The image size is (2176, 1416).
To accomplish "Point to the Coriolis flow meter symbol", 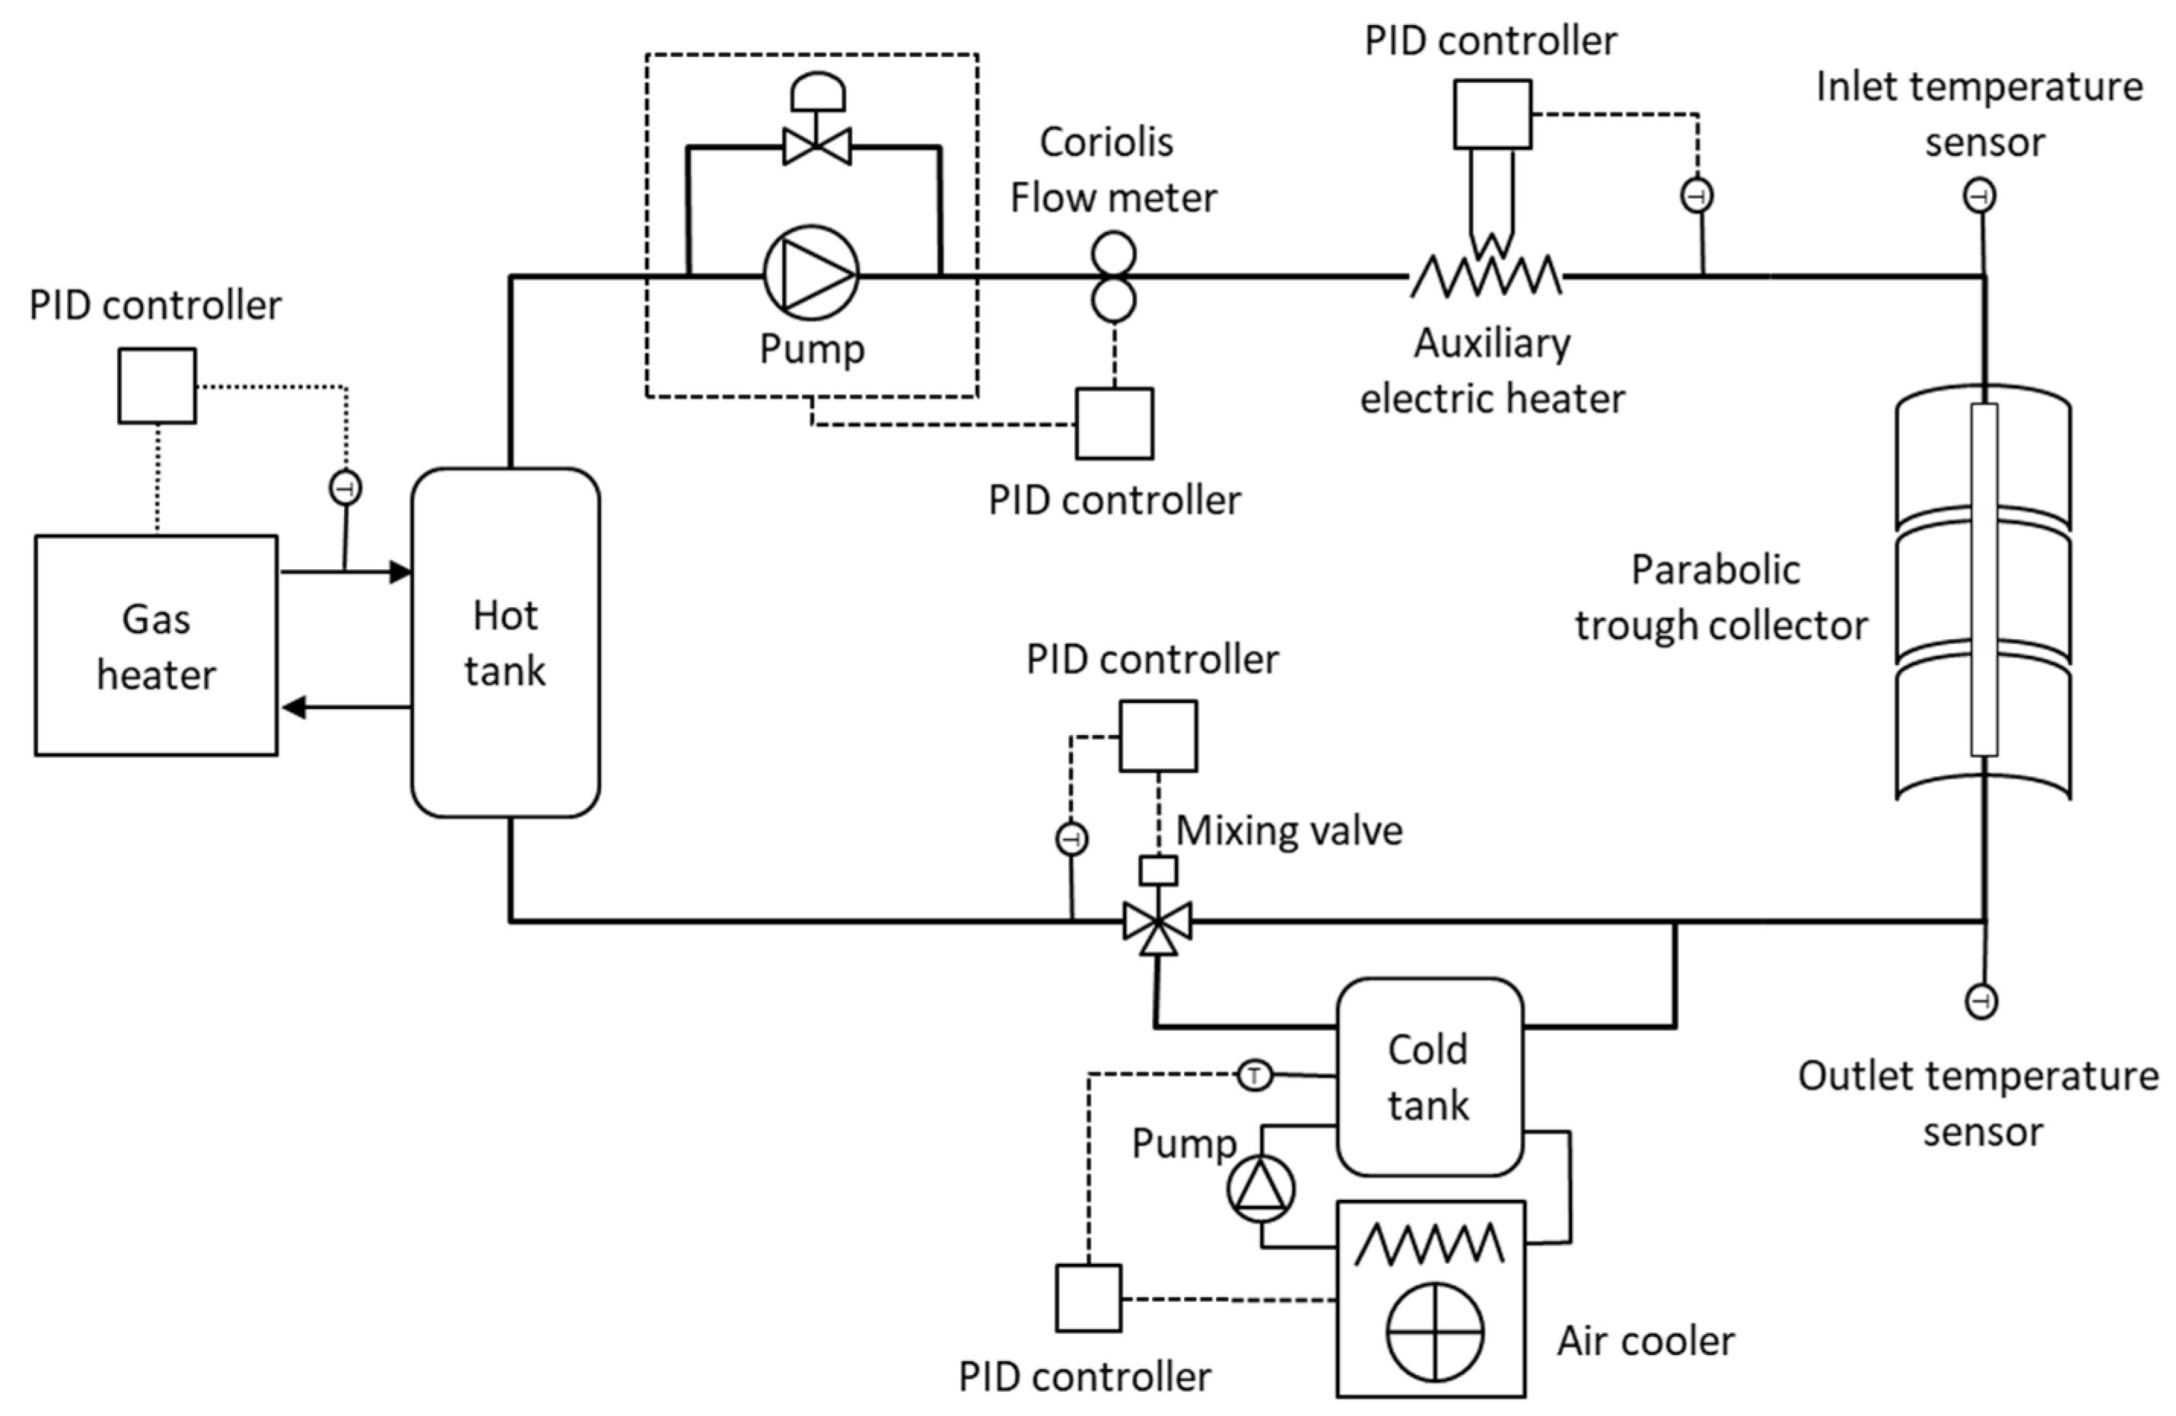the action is [1114, 277].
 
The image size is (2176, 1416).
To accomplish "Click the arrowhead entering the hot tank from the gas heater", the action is [400, 572].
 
